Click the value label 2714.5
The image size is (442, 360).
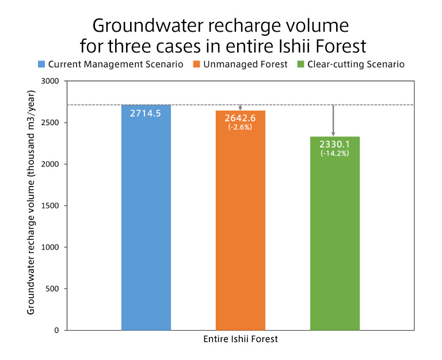pos(146,113)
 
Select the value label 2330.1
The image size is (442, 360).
pos(334,145)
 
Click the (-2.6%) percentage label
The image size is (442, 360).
pos(241,127)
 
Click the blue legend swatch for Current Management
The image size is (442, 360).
pos(41,64)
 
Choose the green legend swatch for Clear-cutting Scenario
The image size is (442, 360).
pos(299,64)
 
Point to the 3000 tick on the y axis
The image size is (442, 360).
pos(51,81)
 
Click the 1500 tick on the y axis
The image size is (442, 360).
pos(51,206)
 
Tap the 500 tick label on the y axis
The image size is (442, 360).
pos(53,289)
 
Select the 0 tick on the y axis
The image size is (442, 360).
pos(57,330)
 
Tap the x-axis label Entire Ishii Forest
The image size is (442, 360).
pos(241,339)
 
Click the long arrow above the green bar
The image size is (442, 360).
pos(333,120)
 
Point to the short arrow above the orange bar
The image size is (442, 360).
pos(241,107)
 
